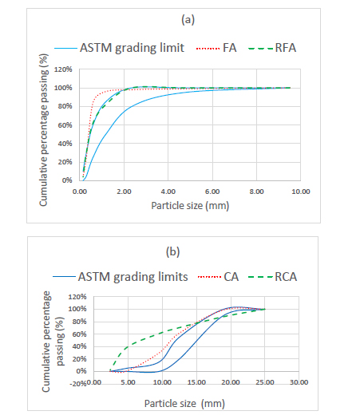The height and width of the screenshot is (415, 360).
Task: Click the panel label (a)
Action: (188, 20)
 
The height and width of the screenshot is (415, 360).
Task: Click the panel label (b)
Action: (172, 251)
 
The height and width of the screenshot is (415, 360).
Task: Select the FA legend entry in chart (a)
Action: (216, 48)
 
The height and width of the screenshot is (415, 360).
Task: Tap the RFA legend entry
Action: (272, 48)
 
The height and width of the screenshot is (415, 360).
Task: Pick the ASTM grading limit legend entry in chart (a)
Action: (119, 48)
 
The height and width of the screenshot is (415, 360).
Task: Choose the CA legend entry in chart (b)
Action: (218, 277)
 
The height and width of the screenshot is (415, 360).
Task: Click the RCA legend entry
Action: (272, 277)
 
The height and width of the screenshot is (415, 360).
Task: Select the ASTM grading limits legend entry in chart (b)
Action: (121, 277)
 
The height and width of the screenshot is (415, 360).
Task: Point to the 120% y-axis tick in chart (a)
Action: (63, 69)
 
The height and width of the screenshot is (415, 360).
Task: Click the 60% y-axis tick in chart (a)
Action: (65, 125)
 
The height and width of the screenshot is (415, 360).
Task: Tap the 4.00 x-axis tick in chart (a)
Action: (168, 192)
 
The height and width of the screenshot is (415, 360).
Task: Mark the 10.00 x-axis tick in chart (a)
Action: (301, 192)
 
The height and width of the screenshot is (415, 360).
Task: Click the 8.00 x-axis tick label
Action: (257, 192)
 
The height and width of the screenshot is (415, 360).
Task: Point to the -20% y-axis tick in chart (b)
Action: (78, 384)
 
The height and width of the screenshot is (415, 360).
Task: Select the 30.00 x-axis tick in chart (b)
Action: (299, 382)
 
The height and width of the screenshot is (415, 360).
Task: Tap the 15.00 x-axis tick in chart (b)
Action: (196, 382)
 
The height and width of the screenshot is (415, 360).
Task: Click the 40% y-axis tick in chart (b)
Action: (79, 346)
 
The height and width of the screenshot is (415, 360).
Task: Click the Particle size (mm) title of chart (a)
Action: (190, 206)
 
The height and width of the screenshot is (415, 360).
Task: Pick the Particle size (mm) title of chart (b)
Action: (184, 404)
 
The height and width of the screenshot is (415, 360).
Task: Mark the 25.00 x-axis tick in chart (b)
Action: (265, 382)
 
